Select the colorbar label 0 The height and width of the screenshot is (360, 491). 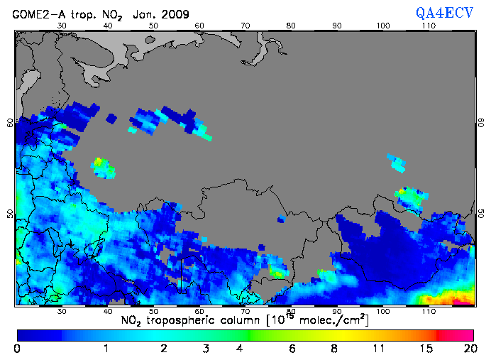pos(17,349)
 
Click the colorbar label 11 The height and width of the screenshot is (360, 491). pos(378,349)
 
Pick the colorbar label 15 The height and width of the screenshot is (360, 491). pos(424,349)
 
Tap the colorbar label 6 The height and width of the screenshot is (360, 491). pos(292,349)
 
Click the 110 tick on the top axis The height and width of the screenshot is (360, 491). pos(429,26)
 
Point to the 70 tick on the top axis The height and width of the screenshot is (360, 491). pos(245,26)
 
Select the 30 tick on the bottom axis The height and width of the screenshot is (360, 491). pos(62,311)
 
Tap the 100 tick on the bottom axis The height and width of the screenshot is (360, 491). pos(383,311)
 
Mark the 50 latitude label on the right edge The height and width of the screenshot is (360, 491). pos(480,214)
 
